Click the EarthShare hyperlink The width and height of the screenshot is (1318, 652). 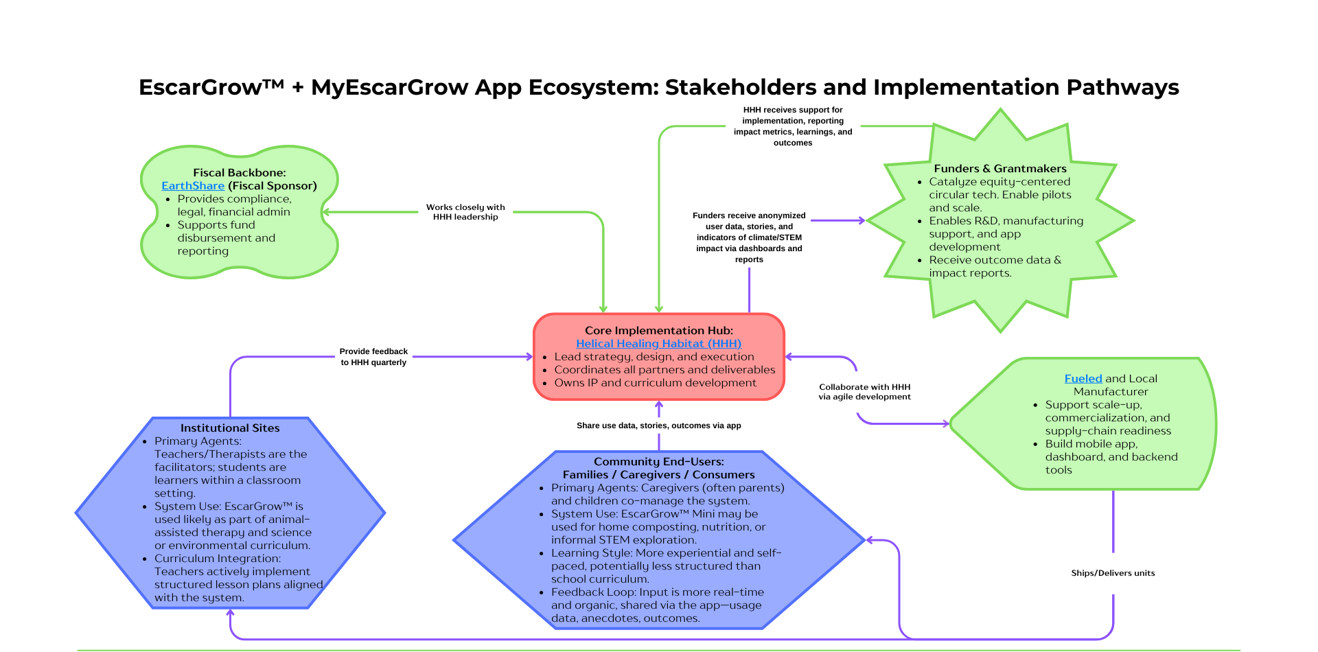tap(193, 186)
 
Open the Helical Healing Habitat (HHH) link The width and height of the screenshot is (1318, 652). tap(658, 344)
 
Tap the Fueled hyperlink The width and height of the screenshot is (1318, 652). tap(1083, 379)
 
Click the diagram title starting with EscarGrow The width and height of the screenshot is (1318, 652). tap(658, 88)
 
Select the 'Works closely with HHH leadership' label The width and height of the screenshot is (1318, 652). tap(465, 212)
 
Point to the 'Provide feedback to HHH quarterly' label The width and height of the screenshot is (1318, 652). tap(373, 357)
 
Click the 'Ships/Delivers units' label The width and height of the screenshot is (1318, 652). tap(1113, 573)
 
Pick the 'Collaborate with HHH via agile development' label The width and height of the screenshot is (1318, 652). tap(864, 392)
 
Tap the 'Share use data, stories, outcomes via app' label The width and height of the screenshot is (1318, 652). tap(658, 426)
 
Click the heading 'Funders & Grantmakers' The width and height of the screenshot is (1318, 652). tap(999, 169)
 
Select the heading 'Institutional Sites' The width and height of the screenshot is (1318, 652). tap(230, 428)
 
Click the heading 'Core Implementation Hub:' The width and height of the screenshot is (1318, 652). tap(658, 331)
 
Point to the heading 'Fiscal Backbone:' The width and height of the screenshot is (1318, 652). tap(239, 173)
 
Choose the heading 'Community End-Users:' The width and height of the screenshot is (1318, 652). tap(658, 462)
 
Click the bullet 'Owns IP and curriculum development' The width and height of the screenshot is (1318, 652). tap(655, 383)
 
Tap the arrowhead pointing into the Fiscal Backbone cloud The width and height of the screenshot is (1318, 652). tap(326, 212)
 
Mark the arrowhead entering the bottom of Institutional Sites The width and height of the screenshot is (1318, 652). tap(231, 613)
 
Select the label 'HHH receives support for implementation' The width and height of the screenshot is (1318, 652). tap(793, 126)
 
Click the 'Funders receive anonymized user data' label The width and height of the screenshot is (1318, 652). tap(749, 237)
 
